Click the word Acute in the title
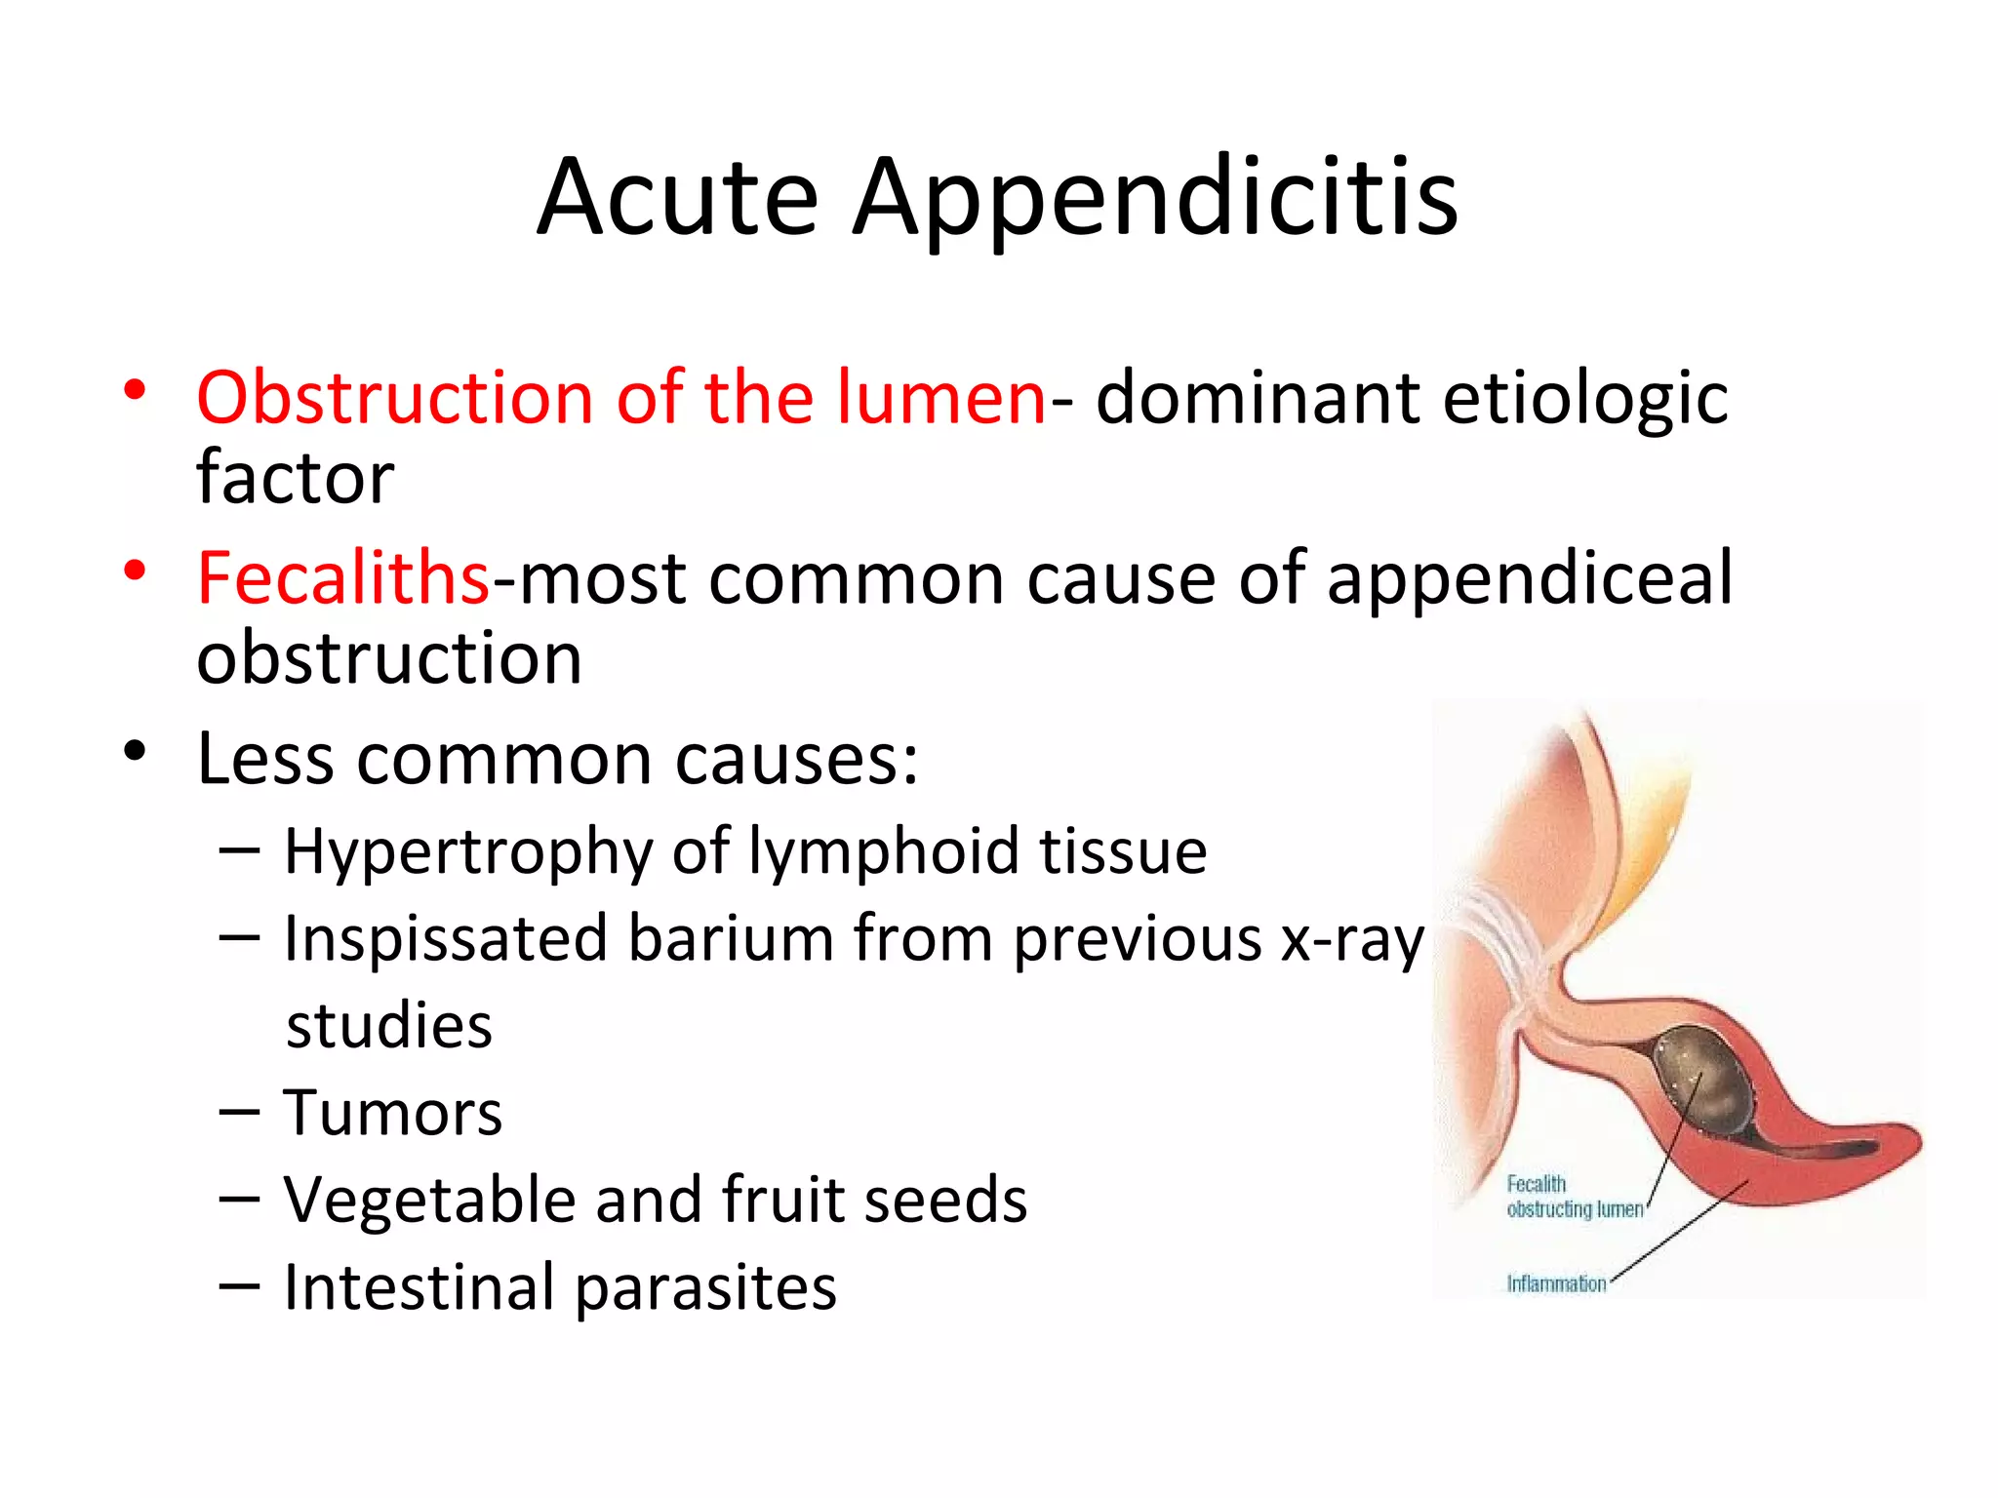click(x=677, y=198)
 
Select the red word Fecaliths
click(x=342, y=577)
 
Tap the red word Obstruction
click(x=394, y=398)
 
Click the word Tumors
click(x=392, y=1113)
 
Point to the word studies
click(x=389, y=1026)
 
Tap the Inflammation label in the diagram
click(x=1556, y=1283)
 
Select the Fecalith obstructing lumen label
click(x=1574, y=1197)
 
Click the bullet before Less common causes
click(x=135, y=751)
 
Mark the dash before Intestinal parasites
click(x=239, y=1285)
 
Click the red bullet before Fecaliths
click(x=135, y=570)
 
